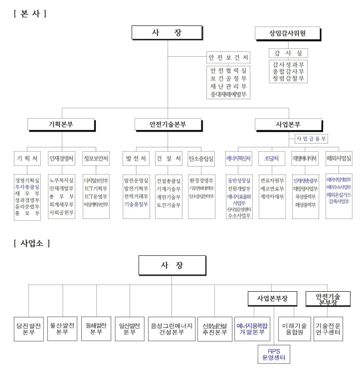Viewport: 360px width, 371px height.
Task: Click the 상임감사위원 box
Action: tap(287, 33)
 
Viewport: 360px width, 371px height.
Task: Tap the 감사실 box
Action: tap(288, 53)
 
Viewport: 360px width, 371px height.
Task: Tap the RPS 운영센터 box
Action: tap(273, 354)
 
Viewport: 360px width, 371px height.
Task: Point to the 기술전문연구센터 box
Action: tap(329, 328)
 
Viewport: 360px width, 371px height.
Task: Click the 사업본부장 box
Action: tap(273, 299)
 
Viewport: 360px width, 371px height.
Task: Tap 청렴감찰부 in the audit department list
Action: tap(288, 78)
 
